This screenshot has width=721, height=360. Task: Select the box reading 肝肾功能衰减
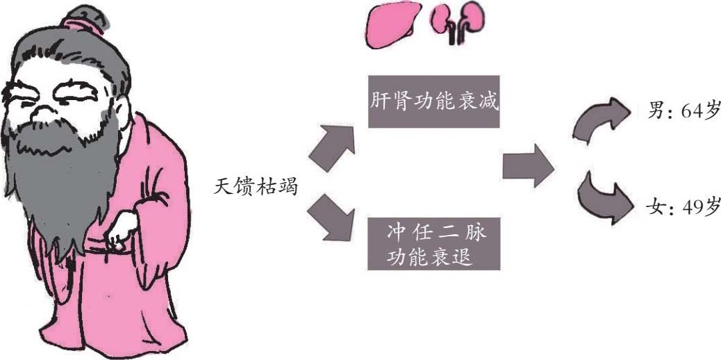coord(433,101)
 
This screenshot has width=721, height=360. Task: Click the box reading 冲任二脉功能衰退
coord(433,243)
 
